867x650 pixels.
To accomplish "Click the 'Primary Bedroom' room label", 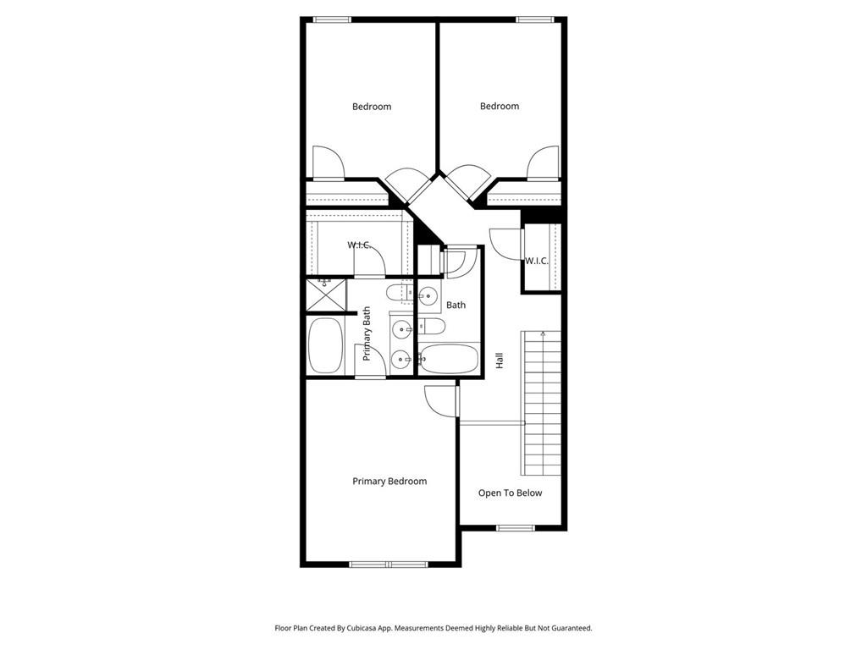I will click(x=389, y=482).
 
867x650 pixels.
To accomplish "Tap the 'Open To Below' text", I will click(x=510, y=493).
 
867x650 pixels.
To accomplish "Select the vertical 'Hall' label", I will click(x=500, y=360).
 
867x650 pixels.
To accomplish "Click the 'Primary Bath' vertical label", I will click(x=367, y=333).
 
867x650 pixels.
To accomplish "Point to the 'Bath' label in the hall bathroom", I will click(x=456, y=305).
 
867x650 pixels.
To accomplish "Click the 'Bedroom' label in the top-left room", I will click(x=372, y=107).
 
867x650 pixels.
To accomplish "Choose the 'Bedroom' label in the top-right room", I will click(x=500, y=106).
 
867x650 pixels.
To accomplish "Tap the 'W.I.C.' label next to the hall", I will click(x=537, y=261).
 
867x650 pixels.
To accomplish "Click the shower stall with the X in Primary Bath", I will click(x=327, y=295).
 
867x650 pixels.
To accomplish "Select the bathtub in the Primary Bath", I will click(x=326, y=345).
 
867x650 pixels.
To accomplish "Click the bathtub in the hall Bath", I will click(x=449, y=359).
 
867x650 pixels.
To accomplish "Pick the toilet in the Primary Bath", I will click(x=398, y=294).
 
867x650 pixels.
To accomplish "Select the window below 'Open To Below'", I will click(x=515, y=528).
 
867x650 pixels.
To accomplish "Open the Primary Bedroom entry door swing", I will click(x=439, y=399).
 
